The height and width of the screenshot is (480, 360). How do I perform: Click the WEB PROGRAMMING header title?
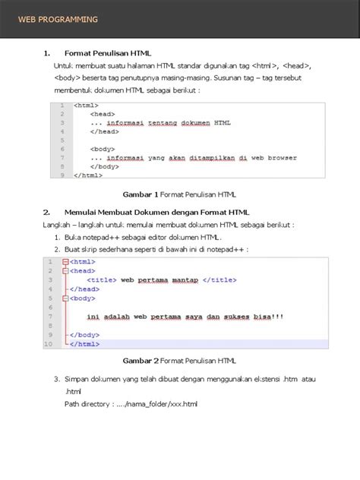pos(58,19)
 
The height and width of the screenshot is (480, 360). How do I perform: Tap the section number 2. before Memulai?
pos(47,212)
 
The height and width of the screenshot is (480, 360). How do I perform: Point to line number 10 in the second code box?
pos(49,344)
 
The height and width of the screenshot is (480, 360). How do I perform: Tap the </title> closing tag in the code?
pos(220,279)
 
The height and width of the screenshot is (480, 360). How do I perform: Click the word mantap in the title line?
pos(184,279)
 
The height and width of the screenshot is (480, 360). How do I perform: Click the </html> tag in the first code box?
pos(87,175)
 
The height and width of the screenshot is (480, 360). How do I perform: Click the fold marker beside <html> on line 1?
pos(65,261)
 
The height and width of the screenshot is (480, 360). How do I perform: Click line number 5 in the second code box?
pos(49,298)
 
